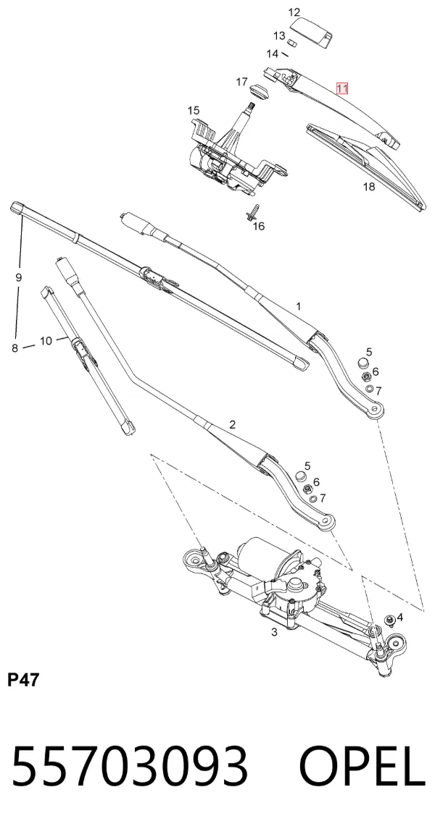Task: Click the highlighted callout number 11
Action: tap(341, 88)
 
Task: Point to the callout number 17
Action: tap(241, 82)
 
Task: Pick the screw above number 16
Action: tap(252, 211)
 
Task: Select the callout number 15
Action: tap(194, 111)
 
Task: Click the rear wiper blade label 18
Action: tap(368, 186)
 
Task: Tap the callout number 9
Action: tap(19, 277)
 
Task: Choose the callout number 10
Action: tap(46, 340)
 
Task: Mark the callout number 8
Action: tap(15, 348)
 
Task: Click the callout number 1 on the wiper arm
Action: tap(299, 306)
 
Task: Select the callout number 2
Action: tap(232, 424)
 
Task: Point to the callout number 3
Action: tap(274, 633)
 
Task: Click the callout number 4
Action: tap(400, 618)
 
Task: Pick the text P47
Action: tap(23, 680)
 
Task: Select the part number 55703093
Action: tap(130, 766)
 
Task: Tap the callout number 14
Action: tap(272, 54)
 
